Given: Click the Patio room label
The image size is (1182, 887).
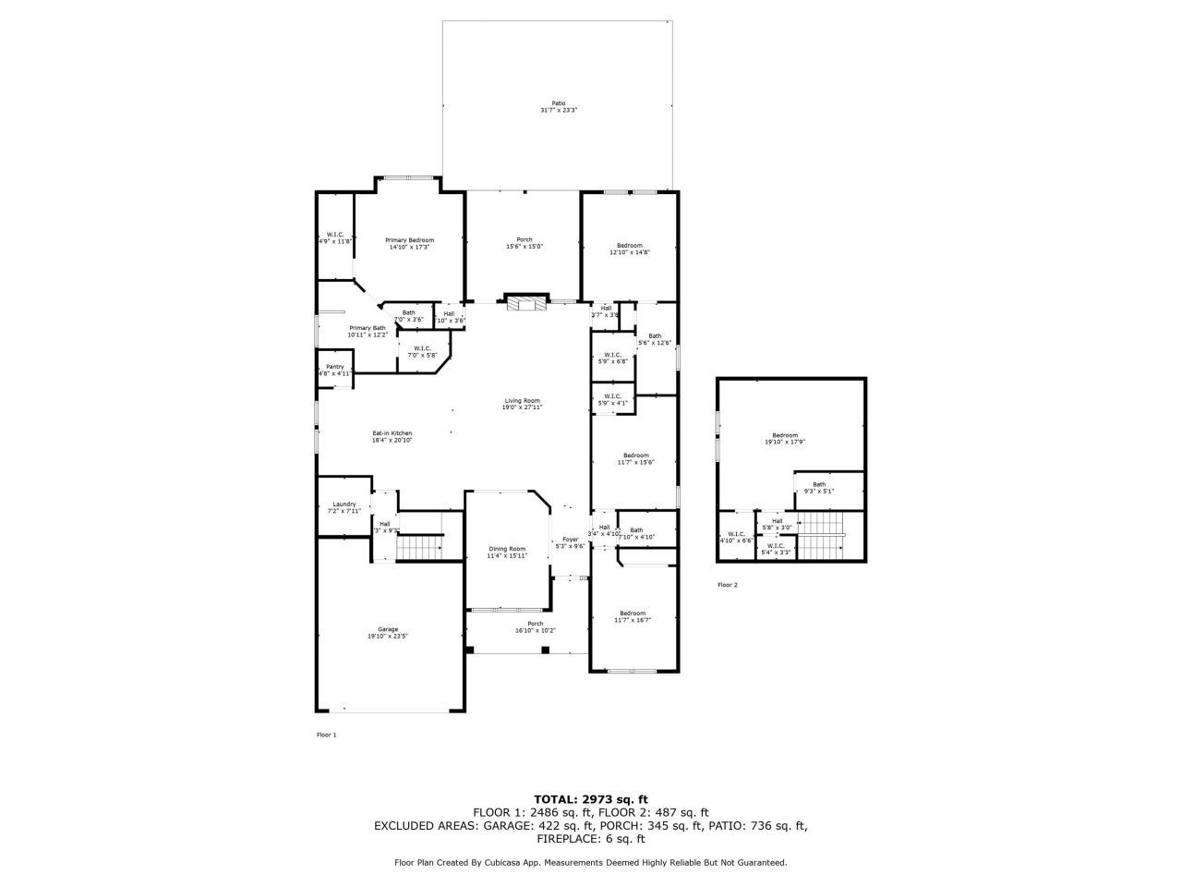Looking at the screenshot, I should click(x=559, y=106).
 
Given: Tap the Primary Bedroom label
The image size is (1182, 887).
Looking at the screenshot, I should click(x=409, y=243).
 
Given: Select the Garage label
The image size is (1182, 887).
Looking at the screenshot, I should click(x=388, y=632).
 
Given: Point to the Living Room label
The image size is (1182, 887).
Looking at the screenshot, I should click(x=522, y=404).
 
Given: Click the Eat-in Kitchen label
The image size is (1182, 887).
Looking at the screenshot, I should click(x=392, y=436).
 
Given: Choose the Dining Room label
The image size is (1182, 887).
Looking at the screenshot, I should click(x=506, y=552).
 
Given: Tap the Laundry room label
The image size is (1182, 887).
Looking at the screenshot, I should click(x=344, y=507).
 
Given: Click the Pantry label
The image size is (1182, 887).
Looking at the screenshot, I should click(x=334, y=370).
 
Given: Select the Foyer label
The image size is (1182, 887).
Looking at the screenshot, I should click(x=570, y=542).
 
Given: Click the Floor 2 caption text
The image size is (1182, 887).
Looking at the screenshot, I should click(x=728, y=585).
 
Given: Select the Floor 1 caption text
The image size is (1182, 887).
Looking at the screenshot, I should click(x=327, y=735).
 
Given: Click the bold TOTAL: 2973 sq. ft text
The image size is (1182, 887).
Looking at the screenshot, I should click(x=591, y=798).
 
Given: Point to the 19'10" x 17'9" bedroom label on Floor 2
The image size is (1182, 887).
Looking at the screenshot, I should click(x=785, y=438).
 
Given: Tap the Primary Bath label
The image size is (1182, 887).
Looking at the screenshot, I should click(x=367, y=332).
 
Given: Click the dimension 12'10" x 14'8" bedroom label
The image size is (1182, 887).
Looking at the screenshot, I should click(x=629, y=249).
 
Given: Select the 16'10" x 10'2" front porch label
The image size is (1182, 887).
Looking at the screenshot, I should click(x=528, y=626).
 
